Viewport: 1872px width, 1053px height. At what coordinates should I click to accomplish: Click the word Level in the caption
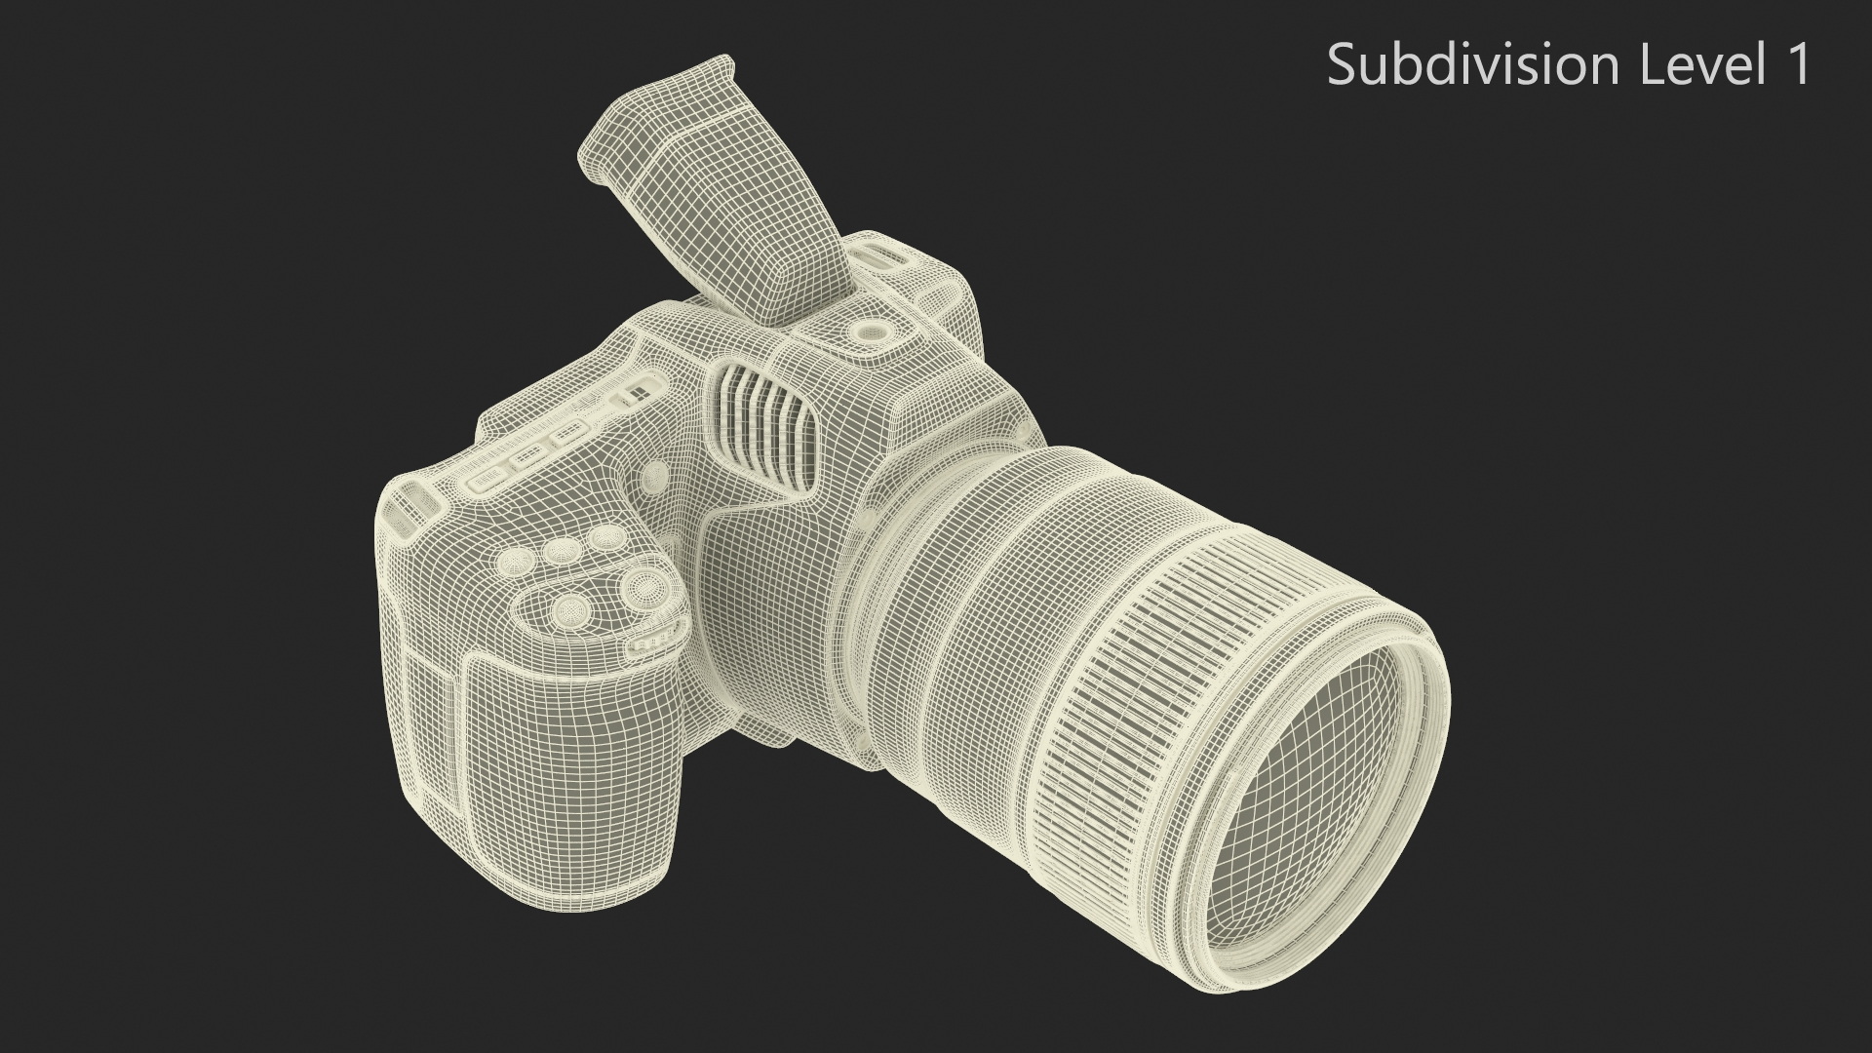[x=1700, y=65]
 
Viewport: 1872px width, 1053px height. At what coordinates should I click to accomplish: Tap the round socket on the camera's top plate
[x=871, y=333]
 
